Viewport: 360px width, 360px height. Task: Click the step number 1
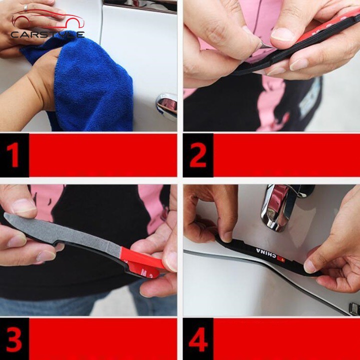point(14,155)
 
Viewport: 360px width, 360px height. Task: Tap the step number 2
point(198,155)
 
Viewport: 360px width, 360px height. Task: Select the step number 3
point(14,339)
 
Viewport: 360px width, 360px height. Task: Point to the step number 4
point(198,339)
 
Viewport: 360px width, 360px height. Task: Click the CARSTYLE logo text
point(47,34)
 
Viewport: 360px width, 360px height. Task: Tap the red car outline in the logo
point(47,20)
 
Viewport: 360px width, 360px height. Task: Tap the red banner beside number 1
point(102,155)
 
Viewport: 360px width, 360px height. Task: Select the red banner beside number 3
point(102,339)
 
